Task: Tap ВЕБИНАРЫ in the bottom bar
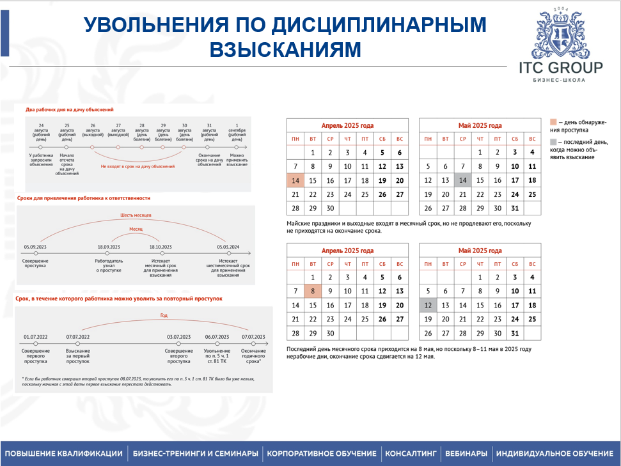(x=466, y=453)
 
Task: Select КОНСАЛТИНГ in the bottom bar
(x=411, y=453)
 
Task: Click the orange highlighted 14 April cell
(x=295, y=181)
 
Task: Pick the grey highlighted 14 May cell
(x=462, y=181)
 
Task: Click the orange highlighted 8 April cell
(x=312, y=291)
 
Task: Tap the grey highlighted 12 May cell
(x=428, y=306)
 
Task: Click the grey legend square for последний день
(x=553, y=142)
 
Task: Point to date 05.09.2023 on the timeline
(x=31, y=247)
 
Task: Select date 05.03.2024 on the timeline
(x=228, y=247)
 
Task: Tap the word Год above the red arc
(x=163, y=315)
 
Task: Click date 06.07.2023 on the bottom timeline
(x=217, y=337)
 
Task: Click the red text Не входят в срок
(x=137, y=166)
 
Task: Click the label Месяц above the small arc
(x=136, y=228)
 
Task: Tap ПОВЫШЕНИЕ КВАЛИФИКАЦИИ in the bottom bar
(x=63, y=453)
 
